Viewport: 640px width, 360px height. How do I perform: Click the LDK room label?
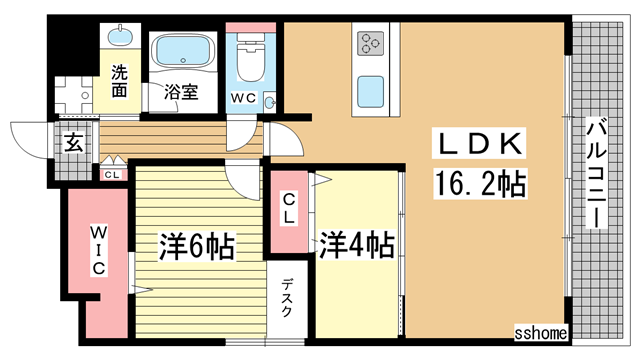click(477, 146)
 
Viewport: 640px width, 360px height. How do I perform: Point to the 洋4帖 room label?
click(355, 245)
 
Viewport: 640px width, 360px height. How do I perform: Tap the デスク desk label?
click(288, 297)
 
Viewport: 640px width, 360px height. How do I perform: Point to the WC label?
click(244, 98)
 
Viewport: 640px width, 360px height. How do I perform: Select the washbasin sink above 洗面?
click(120, 39)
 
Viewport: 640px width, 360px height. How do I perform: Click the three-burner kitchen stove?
click(371, 43)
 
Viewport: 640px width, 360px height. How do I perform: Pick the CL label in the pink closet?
click(289, 208)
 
